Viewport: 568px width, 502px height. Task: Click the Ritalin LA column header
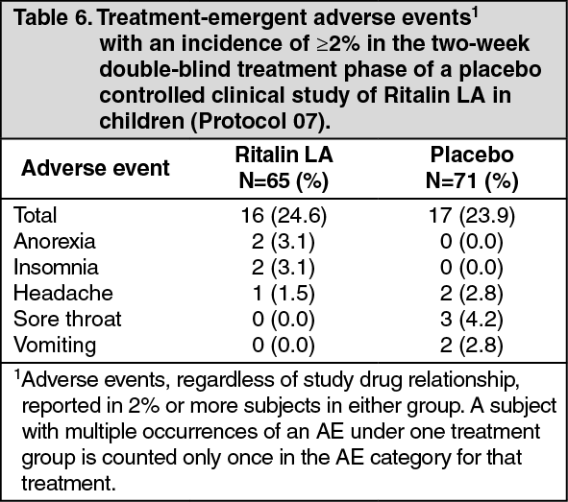click(284, 167)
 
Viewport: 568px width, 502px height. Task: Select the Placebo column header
click(472, 167)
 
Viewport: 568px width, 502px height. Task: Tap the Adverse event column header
click(95, 168)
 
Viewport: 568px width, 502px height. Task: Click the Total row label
click(36, 215)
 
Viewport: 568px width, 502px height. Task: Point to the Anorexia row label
click(55, 241)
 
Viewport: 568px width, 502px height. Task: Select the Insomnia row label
click(56, 267)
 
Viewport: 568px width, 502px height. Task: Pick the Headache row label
click(63, 293)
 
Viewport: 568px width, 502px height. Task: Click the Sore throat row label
click(67, 319)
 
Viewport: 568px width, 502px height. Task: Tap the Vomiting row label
click(55, 346)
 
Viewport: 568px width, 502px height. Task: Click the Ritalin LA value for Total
click(284, 216)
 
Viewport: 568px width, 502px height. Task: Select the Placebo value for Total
click(472, 216)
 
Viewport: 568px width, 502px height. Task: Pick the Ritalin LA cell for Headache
click(284, 294)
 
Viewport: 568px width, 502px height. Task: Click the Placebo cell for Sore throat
click(472, 320)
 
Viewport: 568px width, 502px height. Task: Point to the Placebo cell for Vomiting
click(472, 346)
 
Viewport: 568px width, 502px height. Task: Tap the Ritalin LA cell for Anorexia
click(284, 242)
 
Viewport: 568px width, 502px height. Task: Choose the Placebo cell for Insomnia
click(472, 268)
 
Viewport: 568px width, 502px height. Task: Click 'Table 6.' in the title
click(53, 17)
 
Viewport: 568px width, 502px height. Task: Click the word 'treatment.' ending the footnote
click(68, 483)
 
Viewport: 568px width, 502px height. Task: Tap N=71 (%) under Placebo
click(472, 180)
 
